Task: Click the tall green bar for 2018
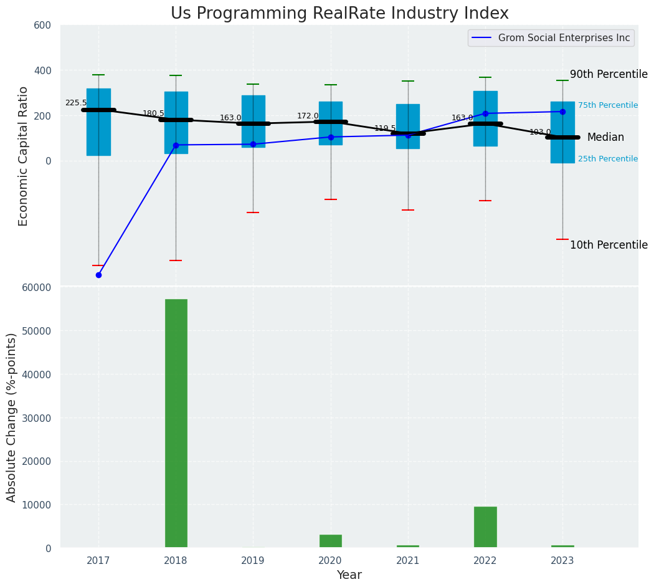[176, 423]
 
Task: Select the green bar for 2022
[485, 527]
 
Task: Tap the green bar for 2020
[330, 541]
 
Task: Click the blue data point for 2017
[98, 275]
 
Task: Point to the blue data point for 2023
[562, 112]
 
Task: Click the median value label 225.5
[76, 103]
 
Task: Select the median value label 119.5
[385, 129]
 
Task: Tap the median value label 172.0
[308, 116]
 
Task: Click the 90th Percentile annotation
[609, 75]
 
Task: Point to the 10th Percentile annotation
[609, 246]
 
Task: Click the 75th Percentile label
[607, 105]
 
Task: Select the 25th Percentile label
[607, 159]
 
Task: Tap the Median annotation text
[605, 138]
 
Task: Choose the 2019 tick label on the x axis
[253, 561]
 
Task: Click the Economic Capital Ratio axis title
[24, 156]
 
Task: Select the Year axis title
[349, 575]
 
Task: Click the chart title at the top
[339, 14]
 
